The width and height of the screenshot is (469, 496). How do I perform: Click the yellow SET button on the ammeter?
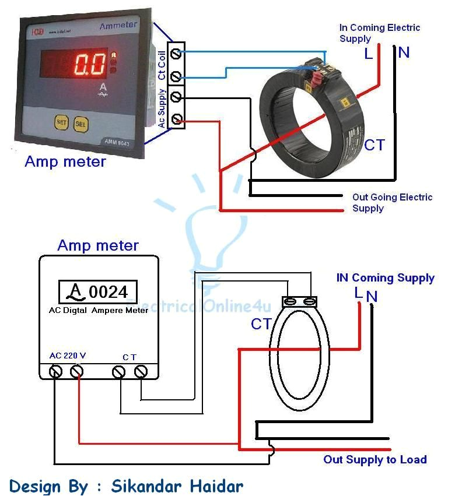tap(61, 122)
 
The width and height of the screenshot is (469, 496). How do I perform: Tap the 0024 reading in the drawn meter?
tap(108, 291)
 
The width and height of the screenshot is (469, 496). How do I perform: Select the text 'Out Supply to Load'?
tap(375, 460)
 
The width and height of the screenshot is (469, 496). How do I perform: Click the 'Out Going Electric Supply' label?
tap(392, 202)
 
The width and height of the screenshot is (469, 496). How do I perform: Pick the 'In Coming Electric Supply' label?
tap(379, 33)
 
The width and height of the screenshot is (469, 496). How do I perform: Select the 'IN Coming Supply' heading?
tap(385, 278)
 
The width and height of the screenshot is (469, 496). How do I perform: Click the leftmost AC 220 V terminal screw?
tap(56, 371)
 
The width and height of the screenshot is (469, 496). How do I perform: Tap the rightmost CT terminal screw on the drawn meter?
tap(141, 371)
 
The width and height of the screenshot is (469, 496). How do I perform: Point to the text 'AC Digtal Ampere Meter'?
tap(98, 311)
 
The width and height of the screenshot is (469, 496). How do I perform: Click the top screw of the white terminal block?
tap(176, 55)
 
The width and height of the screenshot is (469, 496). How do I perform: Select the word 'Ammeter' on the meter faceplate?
tap(118, 26)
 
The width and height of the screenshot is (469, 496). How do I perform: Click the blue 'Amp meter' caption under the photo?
tap(65, 161)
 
